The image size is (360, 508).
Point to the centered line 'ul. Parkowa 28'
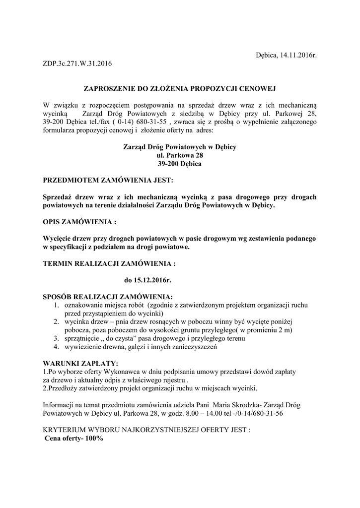pyautogui.click(x=179, y=155)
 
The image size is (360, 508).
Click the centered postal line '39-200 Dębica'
pyautogui.click(x=179, y=163)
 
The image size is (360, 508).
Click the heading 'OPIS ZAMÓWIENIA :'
pyautogui.click(x=80, y=221)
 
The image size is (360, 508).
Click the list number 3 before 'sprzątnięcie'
pyautogui.click(x=57, y=338)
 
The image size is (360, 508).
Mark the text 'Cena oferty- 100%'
pyautogui.click(x=74, y=439)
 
